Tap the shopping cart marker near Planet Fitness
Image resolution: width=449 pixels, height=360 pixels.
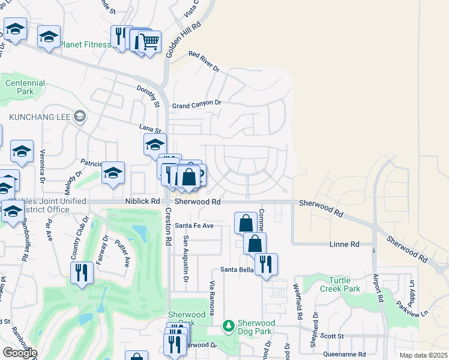(149, 42)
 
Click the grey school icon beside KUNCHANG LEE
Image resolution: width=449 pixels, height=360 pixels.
(79, 117)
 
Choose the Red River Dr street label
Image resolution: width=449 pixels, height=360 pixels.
(204, 62)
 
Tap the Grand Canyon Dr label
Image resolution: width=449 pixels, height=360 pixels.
(197, 104)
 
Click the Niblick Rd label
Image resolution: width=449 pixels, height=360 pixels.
(143, 202)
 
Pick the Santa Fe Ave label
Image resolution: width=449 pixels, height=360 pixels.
(194, 226)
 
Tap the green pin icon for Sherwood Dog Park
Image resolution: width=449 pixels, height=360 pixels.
(228, 326)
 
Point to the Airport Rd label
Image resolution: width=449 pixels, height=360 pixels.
(378, 289)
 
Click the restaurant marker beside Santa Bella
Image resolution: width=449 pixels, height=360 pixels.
(266, 264)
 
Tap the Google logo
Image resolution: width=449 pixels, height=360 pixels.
(20, 353)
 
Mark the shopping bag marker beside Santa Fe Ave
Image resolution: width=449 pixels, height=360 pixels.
(246, 223)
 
